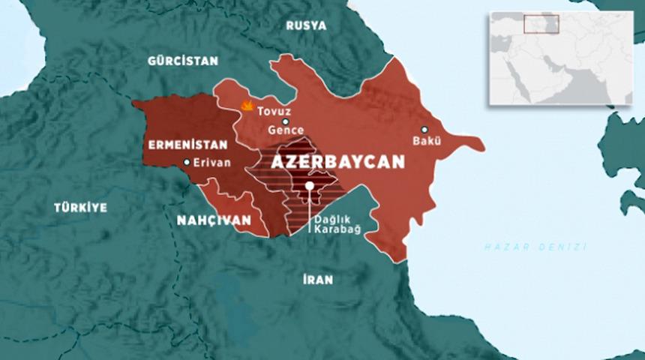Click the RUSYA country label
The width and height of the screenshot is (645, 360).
point(307,25)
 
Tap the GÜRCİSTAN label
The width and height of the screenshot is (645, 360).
point(182,61)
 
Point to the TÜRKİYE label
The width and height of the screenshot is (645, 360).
point(80,208)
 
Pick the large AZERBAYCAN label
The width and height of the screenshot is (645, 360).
point(337,162)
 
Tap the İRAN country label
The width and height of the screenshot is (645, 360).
point(318,280)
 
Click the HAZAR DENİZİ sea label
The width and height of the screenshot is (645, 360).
point(535,247)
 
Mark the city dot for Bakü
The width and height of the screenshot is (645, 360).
point(424,129)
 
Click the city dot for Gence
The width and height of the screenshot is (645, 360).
point(285,121)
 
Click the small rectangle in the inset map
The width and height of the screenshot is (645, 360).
point(541,23)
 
